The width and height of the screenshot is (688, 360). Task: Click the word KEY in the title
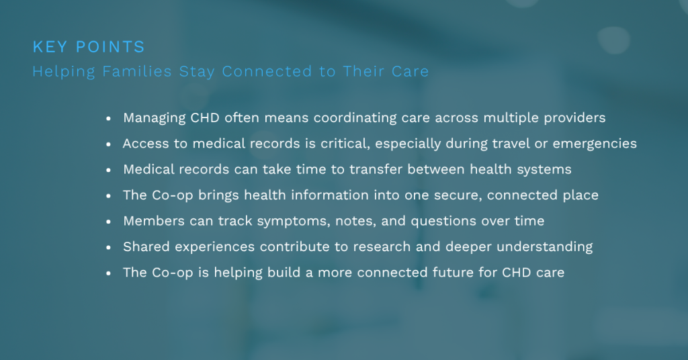pyautogui.click(x=50, y=47)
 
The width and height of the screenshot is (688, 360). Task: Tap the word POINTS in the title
pyautogui.click(x=110, y=47)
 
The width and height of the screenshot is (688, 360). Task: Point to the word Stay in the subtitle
pyautogui.click(x=197, y=72)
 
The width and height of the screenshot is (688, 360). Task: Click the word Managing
pyautogui.click(x=154, y=118)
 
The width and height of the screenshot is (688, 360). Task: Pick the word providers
pyautogui.click(x=574, y=118)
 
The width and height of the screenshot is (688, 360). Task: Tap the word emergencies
pyautogui.click(x=595, y=144)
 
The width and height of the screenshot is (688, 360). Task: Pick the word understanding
pyautogui.click(x=544, y=247)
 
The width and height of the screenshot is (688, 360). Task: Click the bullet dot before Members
pyautogui.click(x=108, y=222)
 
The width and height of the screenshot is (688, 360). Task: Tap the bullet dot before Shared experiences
pyautogui.click(x=108, y=248)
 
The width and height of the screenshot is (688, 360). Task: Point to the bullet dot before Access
pyautogui.click(x=108, y=144)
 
